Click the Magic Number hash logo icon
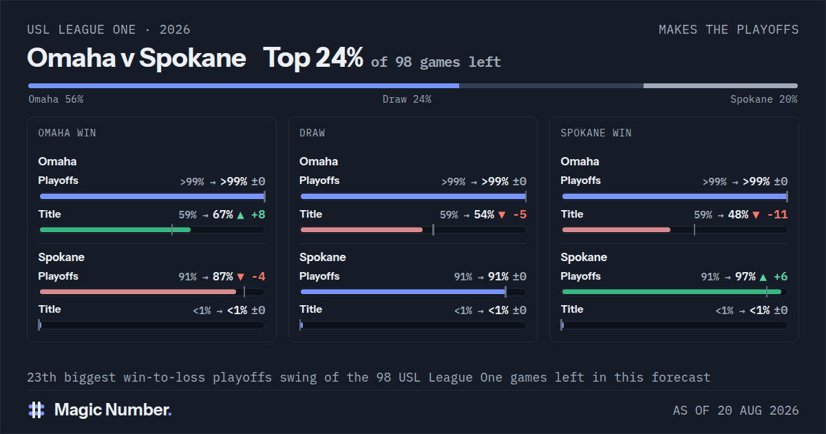(36, 410)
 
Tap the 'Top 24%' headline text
(313, 59)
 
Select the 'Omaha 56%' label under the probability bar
(56, 99)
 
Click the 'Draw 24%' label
(407, 99)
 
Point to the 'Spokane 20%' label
(763, 99)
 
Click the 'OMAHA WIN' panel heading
(67, 133)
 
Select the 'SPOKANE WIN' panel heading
(596, 133)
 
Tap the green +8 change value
(258, 214)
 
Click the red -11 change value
(777, 214)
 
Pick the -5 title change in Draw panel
(520, 214)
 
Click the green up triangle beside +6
(763, 277)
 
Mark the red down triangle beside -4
(241, 277)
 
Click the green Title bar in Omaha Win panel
(115, 230)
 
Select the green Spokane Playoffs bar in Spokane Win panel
(672, 292)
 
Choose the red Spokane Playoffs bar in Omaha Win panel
(138, 292)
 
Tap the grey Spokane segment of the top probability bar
(721, 86)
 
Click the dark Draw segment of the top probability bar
(551, 86)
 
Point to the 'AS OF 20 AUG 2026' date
(736, 411)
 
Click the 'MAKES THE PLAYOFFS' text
(729, 30)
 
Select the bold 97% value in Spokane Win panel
(745, 277)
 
